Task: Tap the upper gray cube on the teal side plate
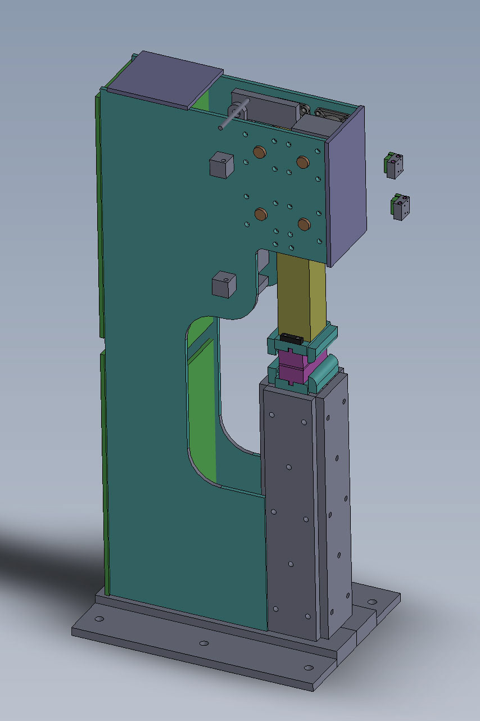(220, 165)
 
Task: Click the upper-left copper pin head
(260, 151)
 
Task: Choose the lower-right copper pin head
(304, 224)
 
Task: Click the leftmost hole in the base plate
(99, 619)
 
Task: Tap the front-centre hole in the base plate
(203, 643)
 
